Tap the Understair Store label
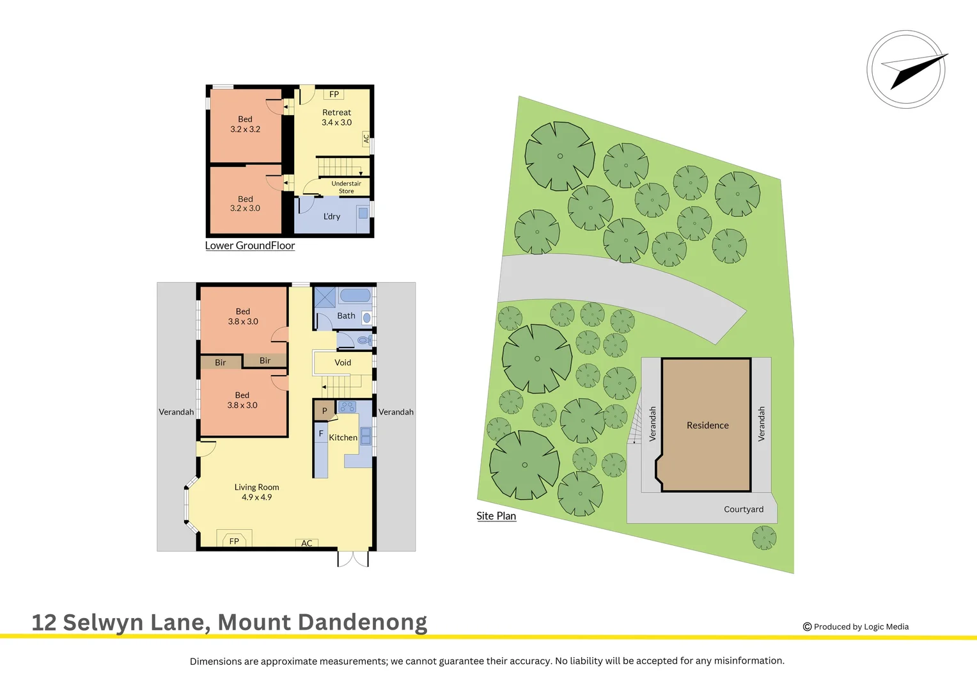pyautogui.click(x=346, y=187)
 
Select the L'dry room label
pyautogui.click(x=332, y=216)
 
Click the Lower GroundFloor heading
pyautogui.click(x=250, y=246)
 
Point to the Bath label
pyautogui.click(x=346, y=315)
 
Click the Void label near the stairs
pyautogui.click(x=343, y=363)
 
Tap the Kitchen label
pyautogui.click(x=343, y=438)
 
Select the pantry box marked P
pyautogui.click(x=324, y=411)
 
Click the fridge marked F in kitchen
pyautogui.click(x=321, y=434)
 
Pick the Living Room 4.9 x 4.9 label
pyautogui.click(x=256, y=492)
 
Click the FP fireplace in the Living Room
pyautogui.click(x=234, y=541)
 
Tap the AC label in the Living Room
pyautogui.click(x=307, y=543)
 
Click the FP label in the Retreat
pyautogui.click(x=334, y=95)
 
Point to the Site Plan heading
pyautogui.click(x=496, y=516)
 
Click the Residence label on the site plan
pyautogui.click(x=707, y=425)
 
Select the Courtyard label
pyautogui.click(x=744, y=509)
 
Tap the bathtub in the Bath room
pyautogui.click(x=355, y=296)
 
